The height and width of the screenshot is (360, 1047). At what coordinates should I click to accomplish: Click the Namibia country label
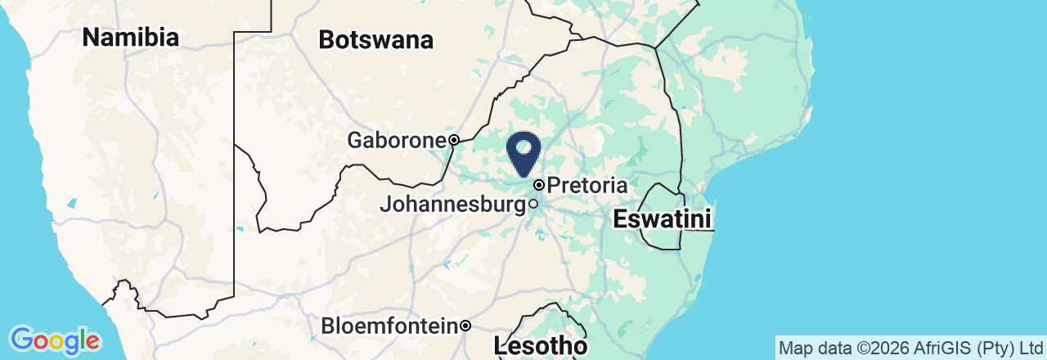click(x=131, y=37)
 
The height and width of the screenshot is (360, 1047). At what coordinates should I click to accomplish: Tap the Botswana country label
click(x=375, y=40)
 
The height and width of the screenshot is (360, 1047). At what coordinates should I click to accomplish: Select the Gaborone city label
click(x=396, y=140)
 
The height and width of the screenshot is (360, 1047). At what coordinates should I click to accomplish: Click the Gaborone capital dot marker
click(x=453, y=139)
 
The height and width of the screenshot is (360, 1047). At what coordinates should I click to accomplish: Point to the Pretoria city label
click(x=587, y=186)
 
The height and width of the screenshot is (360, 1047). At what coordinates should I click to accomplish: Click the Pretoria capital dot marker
click(x=539, y=185)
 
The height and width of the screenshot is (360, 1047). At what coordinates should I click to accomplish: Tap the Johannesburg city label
click(x=452, y=204)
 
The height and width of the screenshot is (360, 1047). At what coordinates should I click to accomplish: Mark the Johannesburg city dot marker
click(x=533, y=204)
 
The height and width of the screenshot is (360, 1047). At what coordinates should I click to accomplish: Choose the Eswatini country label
click(x=662, y=219)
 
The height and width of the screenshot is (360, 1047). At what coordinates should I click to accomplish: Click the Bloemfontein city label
click(x=389, y=326)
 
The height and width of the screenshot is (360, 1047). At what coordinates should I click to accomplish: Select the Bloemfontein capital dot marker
click(x=465, y=326)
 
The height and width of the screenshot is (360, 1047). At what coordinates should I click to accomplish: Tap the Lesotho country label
click(x=541, y=346)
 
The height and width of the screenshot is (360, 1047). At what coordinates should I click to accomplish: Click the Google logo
click(x=55, y=340)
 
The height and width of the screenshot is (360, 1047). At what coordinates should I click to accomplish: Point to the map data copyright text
click(x=910, y=348)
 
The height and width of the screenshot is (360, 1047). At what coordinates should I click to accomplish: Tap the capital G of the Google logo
click(x=22, y=339)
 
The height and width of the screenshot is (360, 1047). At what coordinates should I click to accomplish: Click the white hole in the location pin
click(x=523, y=147)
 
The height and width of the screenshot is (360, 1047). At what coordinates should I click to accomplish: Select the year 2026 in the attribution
click(x=882, y=348)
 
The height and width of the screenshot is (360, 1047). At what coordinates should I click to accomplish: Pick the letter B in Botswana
click(x=326, y=40)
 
